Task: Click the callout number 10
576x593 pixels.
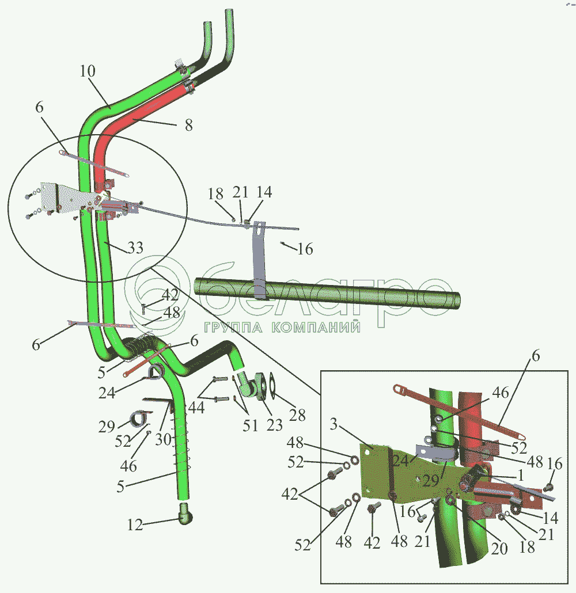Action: pos(88,71)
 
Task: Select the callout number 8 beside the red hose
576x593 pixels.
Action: pos(189,125)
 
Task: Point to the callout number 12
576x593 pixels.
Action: pos(134,524)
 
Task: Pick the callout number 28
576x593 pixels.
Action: pos(298,415)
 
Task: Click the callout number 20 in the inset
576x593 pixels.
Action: pos(499,549)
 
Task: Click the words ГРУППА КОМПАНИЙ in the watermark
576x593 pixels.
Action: pos(282,328)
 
